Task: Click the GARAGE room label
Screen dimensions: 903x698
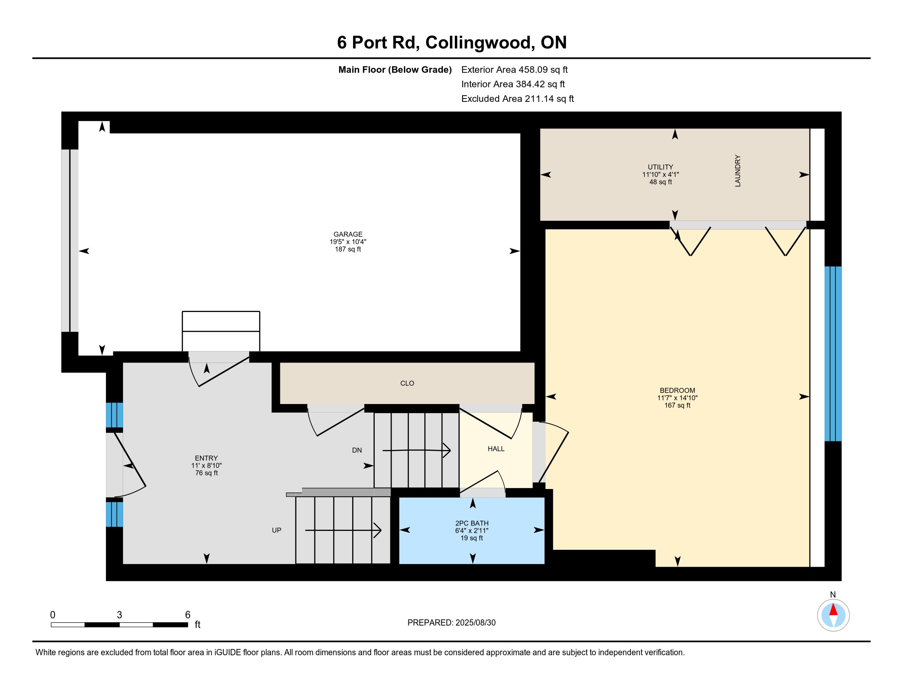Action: [x=348, y=234]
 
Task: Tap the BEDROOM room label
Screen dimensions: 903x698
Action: [x=677, y=390]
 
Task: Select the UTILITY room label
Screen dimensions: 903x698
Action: [x=660, y=167]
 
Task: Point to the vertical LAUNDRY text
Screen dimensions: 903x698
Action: [x=738, y=171]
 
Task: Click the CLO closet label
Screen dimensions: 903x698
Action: [x=407, y=383]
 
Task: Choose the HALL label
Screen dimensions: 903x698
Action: [x=496, y=449]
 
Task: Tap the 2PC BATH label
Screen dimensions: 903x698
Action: [x=472, y=523]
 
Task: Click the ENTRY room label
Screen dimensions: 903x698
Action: [x=206, y=458]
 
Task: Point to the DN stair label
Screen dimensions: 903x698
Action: [x=357, y=450]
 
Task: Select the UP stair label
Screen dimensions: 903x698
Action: [x=277, y=530]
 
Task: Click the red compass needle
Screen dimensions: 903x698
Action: [x=833, y=609]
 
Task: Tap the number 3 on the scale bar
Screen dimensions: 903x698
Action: [x=119, y=615]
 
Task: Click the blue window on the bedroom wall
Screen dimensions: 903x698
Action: [x=833, y=354]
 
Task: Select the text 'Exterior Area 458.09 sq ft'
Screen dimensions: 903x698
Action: [x=514, y=69]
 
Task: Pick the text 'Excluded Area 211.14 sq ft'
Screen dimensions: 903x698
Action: [x=517, y=99]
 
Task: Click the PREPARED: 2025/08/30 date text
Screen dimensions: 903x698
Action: [x=451, y=622]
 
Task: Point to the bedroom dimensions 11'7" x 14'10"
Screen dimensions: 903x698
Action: [x=677, y=398]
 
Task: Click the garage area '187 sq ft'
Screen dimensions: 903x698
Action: [x=348, y=249]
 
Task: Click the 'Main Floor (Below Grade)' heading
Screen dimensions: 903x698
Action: [x=395, y=69]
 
